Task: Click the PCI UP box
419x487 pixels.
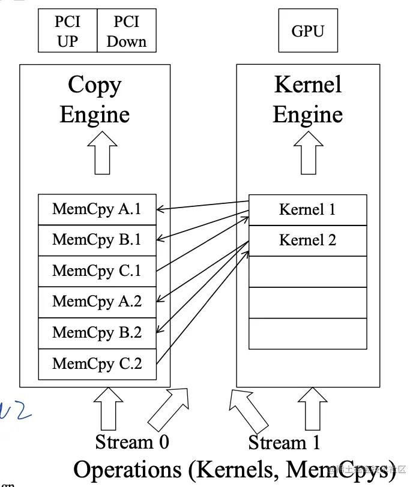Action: click(67, 31)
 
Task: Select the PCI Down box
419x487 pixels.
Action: click(126, 31)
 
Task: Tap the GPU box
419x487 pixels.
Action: click(308, 31)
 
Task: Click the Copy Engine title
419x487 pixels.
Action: click(95, 100)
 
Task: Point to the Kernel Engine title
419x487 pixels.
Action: click(307, 100)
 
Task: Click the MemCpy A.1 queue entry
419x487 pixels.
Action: click(97, 209)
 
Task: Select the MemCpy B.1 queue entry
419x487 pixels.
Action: click(97, 240)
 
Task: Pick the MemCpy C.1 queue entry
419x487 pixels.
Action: click(97, 271)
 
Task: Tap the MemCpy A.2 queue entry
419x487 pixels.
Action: click(97, 302)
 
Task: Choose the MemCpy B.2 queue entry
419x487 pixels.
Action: click(97, 332)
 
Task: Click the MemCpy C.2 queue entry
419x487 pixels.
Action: click(97, 363)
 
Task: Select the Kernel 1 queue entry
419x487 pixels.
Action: click(307, 210)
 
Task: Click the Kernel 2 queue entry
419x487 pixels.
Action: click(307, 241)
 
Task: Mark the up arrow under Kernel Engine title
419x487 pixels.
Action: click(308, 152)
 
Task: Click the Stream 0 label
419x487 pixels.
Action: click(132, 443)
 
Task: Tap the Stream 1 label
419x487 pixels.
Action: click(284, 443)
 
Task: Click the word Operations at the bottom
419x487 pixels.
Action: click(127, 469)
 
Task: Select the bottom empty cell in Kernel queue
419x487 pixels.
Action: click(307, 333)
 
